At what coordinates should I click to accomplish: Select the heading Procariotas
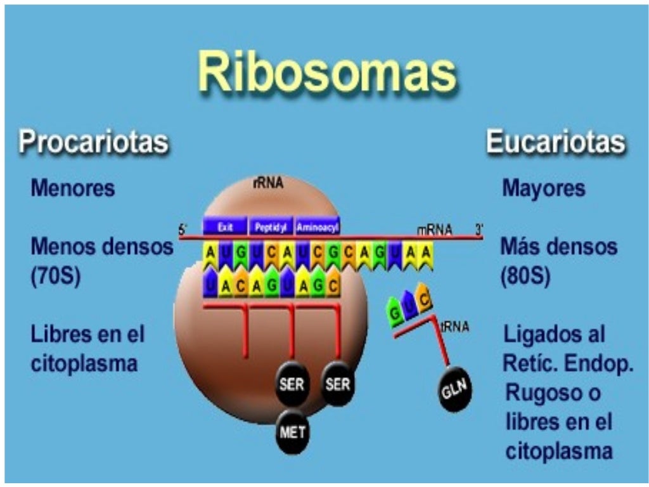(x=94, y=141)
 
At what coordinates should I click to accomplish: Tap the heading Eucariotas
(x=555, y=141)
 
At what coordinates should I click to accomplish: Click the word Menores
(x=73, y=188)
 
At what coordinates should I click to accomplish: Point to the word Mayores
(x=543, y=188)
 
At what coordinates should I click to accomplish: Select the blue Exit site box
(x=224, y=226)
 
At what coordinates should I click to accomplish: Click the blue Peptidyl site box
(x=271, y=226)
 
